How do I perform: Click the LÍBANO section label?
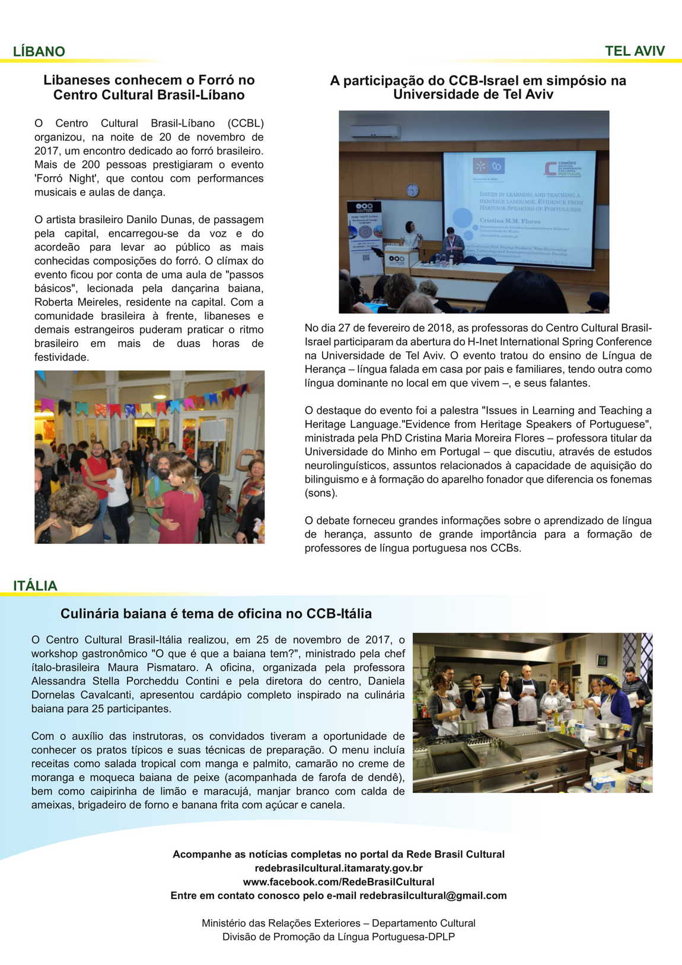tap(39, 52)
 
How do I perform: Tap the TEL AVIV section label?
tap(635, 51)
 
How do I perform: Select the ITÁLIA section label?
tap(36, 586)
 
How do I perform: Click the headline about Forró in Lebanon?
tap(149, 87)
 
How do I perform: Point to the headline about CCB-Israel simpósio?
tap(477, 87)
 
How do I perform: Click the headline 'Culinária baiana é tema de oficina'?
tap(216, 614)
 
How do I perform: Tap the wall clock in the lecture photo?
tap(412, 191)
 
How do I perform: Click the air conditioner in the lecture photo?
tap(375, 131)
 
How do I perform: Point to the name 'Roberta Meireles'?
tap(71, 302)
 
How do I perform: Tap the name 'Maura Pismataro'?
tap(156, 668)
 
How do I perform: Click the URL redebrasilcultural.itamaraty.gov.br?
tap(338, 868)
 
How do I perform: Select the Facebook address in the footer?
tap(338, 882)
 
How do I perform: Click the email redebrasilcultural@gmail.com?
tap(433, 896)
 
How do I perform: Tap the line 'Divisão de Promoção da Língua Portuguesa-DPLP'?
tap(338, 937)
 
